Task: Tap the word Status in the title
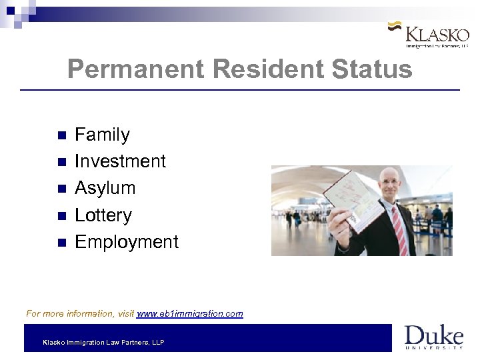point(374,69)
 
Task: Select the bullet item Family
point(102,135)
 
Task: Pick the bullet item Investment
point(120,161)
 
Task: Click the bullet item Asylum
point(105,188)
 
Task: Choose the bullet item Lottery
point(103,215)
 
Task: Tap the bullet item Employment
point(127,241)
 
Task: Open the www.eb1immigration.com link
point(190,313)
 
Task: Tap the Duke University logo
point(433,337)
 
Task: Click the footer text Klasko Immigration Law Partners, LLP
point(103,343)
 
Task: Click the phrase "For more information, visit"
point(80,313)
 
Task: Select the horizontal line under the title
point(240,90)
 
